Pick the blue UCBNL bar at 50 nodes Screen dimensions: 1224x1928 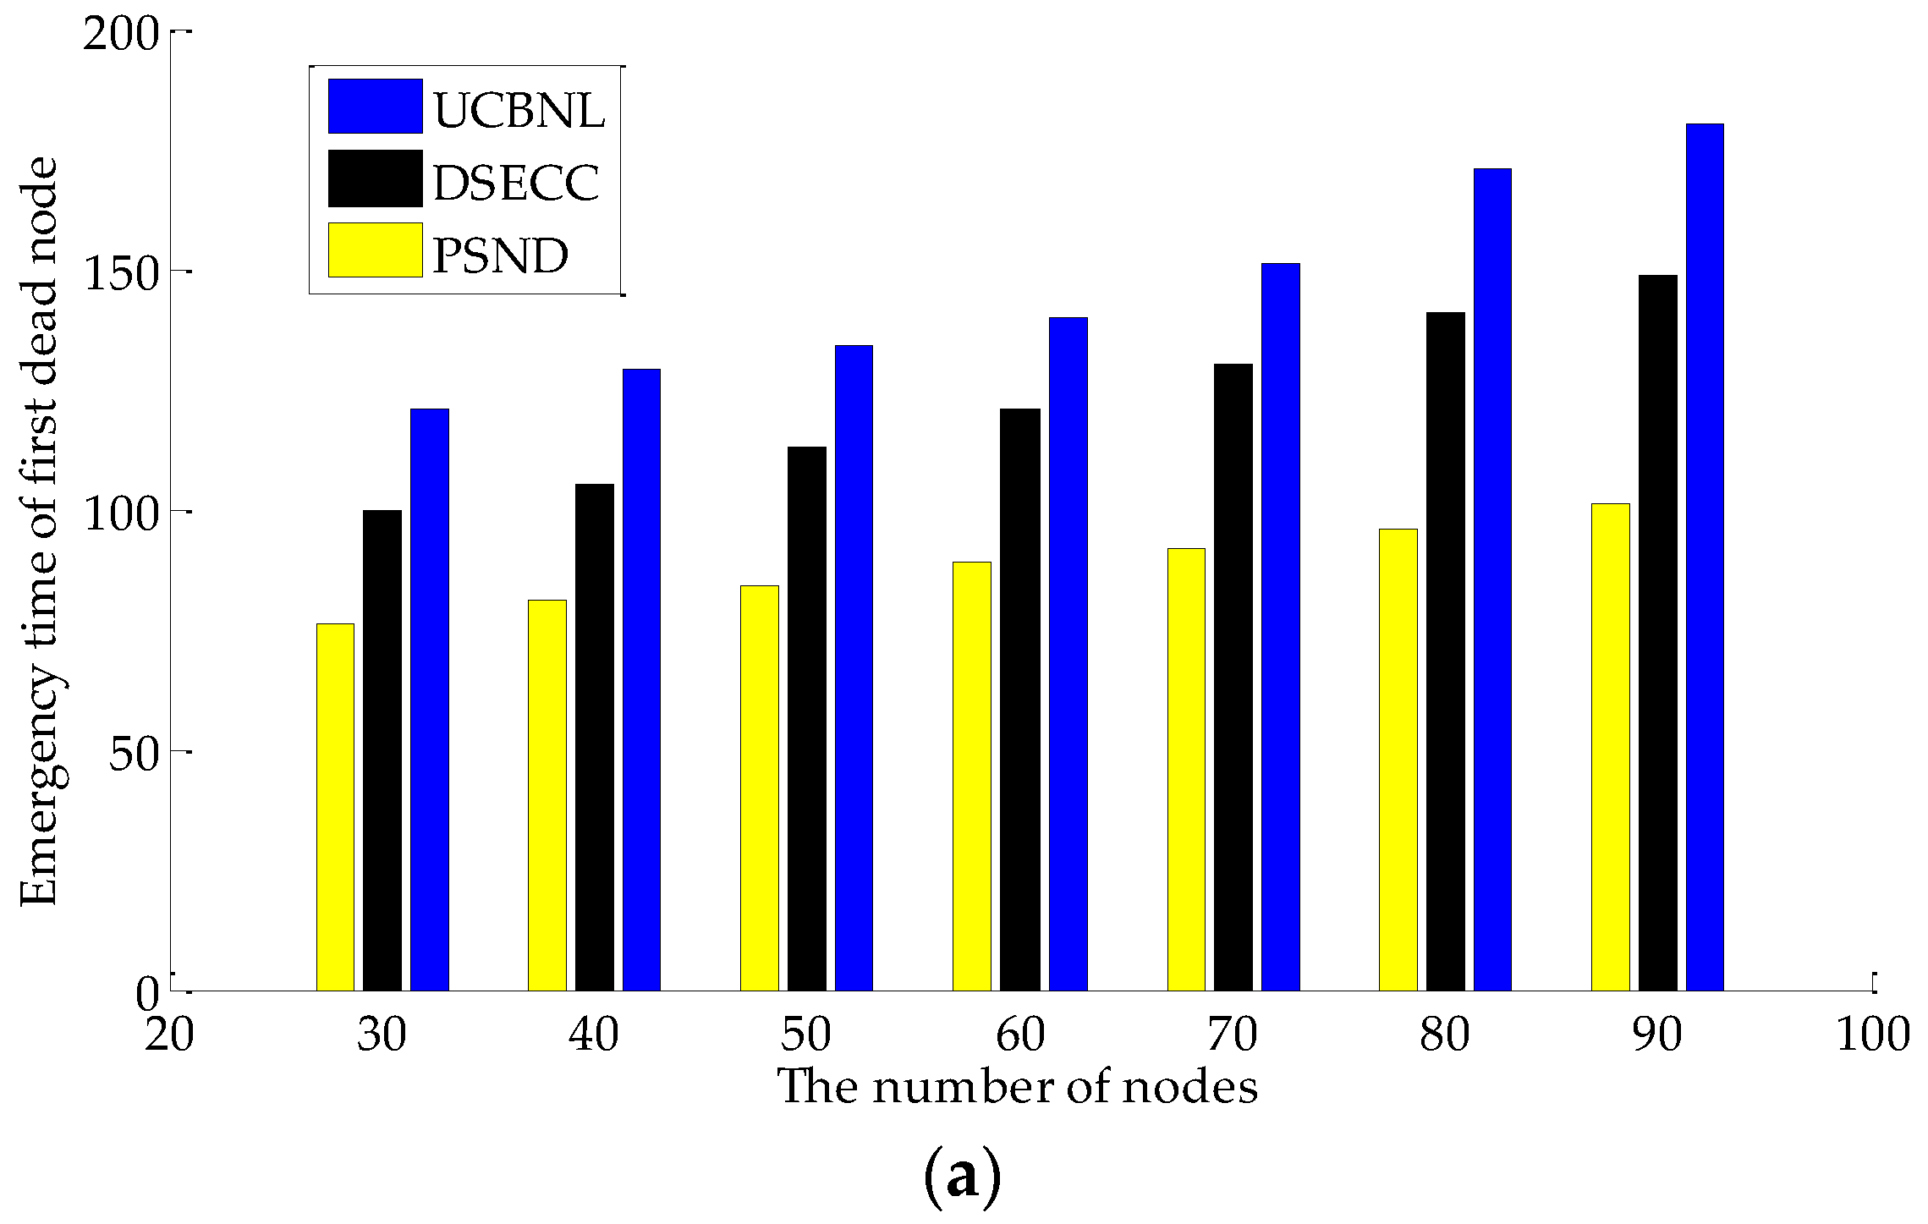[854, 667]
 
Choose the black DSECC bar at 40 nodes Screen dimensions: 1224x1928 [595, 737]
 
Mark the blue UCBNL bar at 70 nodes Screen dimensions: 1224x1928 [1280, 626]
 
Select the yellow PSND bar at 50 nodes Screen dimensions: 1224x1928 [759, 788]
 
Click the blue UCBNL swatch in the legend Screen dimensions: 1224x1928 [375, 107]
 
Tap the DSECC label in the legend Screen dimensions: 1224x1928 [516, 182]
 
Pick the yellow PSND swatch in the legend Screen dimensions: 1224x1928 [375, 250]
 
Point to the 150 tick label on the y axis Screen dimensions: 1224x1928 [122, 274]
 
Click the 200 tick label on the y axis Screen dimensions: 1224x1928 [122, 36]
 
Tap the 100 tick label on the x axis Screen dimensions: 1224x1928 [1872, 1035]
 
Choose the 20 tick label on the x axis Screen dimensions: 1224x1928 [169, 1035]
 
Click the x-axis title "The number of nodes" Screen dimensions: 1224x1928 [1017, 1087]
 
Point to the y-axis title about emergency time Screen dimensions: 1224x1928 [41, 531]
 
